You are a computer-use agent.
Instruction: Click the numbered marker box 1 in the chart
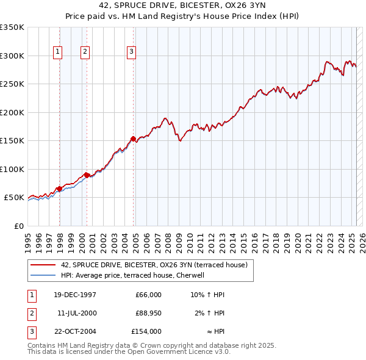click(57, 52)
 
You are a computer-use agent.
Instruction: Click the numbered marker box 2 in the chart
click(85, 52)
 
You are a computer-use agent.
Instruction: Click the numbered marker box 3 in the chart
click(131, 52)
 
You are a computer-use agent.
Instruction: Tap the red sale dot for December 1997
click(59, 189)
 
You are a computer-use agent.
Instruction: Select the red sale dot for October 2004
click(133, 139)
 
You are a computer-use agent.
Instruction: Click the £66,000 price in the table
click(149, 295)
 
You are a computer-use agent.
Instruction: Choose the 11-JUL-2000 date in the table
click(77, 313)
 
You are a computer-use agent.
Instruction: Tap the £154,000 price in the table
click(146, 331)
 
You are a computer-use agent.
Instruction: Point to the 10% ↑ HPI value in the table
click(208, 295)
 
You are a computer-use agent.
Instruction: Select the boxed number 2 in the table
click(32, 313)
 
